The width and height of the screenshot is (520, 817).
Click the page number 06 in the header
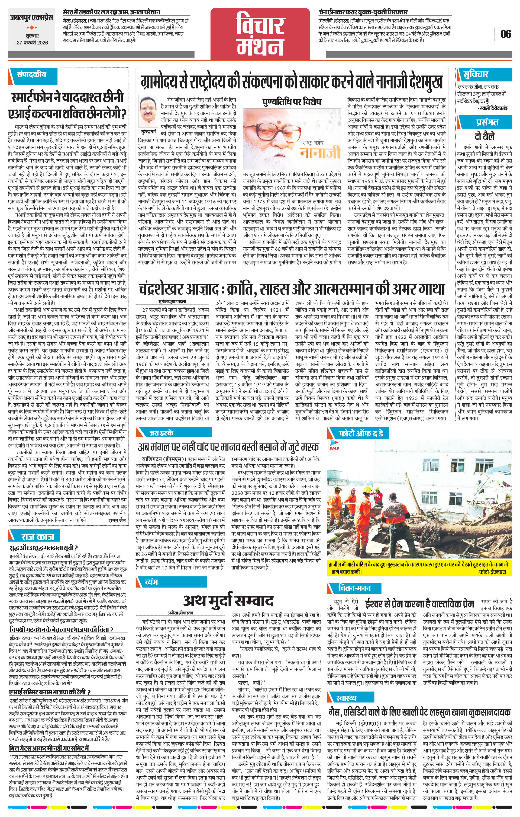pyautogui.click(x=505, y=34)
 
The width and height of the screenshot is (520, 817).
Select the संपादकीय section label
pyautogui.click(x=31, y=74)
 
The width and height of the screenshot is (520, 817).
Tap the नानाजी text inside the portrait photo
pyautogui.click(x=320, y=152)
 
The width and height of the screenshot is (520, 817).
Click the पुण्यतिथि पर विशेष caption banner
pyautogui.click(x=292, y=102)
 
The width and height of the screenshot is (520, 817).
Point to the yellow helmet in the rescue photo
pyautogui.click(x=367, y=491)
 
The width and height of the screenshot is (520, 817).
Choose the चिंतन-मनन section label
pyautogui.click(x=354, y=588)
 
